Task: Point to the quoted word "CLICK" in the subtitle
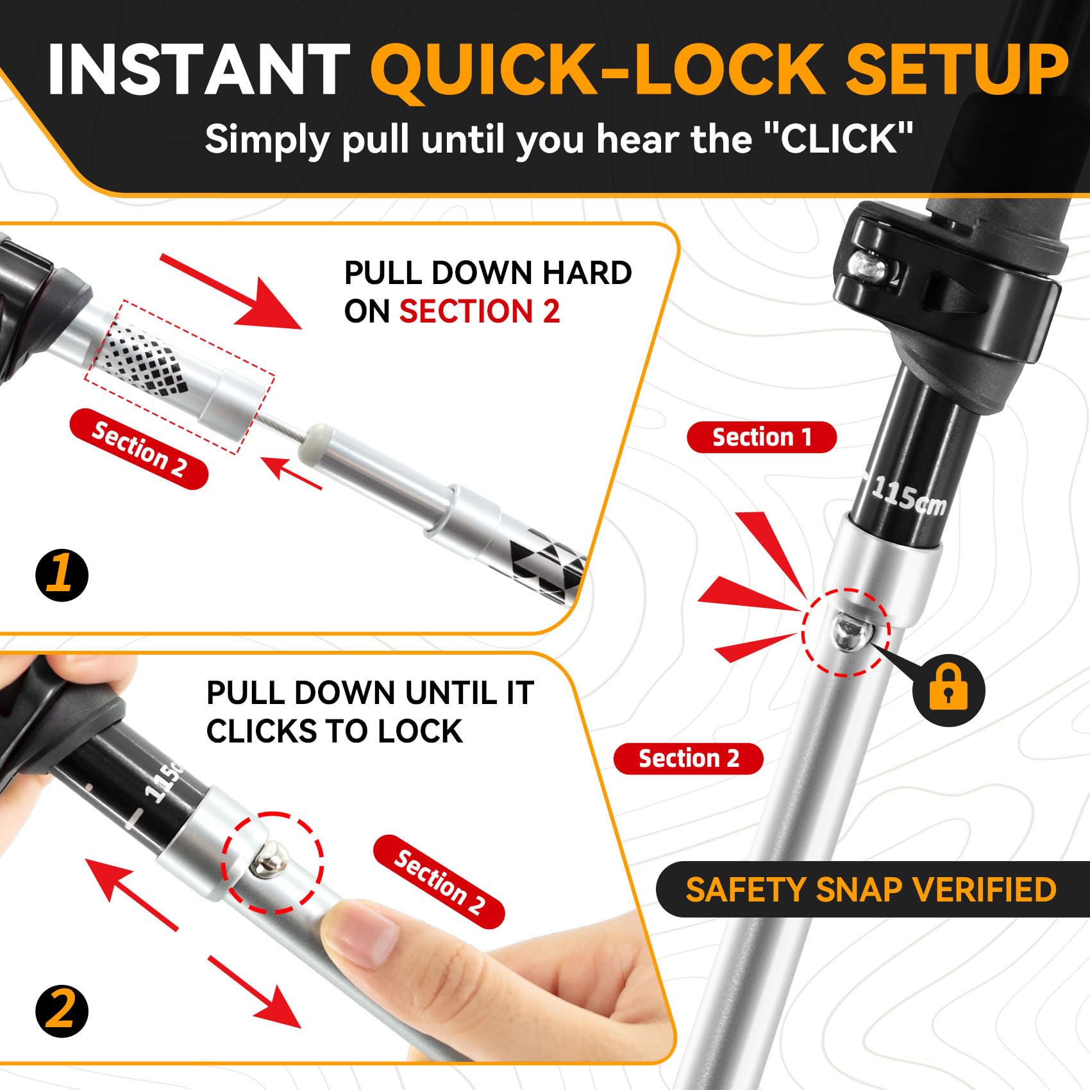click(x=839, y=138)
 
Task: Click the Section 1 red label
click(x=762, y=437)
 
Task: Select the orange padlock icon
click(x=948, y=690)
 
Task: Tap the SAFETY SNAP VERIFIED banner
click(x=872, y=889)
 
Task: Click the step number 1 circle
click(x=62, y=574)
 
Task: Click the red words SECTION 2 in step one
click(x=480, y=312)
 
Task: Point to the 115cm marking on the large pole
click(x=909, y=496)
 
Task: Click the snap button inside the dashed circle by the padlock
click(x=850, y=632)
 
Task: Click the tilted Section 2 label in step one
click(x=139, y=449)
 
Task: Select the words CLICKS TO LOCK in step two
click(x=334, y=732)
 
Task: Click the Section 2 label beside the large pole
click(x=689, y=759)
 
